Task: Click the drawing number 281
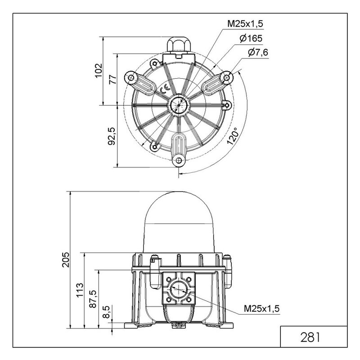(310, 337)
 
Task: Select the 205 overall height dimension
(66, 260)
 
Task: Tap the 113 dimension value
(80, 290)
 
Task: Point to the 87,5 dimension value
(93, 299)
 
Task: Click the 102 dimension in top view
(99, 71)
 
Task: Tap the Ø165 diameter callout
(251, 38)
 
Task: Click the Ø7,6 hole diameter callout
(258, 53)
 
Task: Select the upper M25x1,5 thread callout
(245, 24)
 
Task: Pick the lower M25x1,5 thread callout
(262, 308)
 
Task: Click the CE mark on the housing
(165, 89)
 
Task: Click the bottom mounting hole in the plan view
(178, 160)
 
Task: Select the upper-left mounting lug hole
(131, 77)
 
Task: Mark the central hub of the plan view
(179, 105)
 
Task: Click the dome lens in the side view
(178, 222)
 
